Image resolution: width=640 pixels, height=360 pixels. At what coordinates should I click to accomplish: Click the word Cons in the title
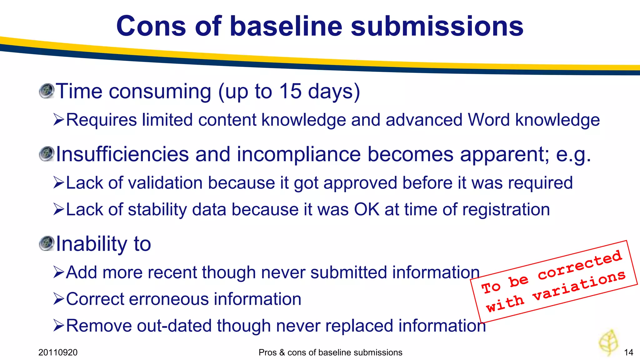click(x=152, y=26)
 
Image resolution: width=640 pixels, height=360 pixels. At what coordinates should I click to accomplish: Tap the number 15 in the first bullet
click(x=290, y=91)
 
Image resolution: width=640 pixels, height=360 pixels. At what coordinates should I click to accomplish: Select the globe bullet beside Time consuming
click(x=47, y=91)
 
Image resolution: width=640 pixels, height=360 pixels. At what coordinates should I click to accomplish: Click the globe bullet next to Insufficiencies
click(x=47, y=154)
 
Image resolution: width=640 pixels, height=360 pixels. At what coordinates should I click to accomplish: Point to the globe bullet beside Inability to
click(x=47, y=243)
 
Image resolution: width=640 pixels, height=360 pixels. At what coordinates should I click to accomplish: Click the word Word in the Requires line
click(x=488, y=120)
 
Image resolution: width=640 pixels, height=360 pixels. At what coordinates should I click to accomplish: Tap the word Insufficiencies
click(x=122, y=154)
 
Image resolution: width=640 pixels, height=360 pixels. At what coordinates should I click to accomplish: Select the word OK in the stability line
click(x=367, y=209)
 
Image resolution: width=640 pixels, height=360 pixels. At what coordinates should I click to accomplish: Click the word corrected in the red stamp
click(x=580, y=265)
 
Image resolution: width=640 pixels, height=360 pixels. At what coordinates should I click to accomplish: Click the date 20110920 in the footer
click(x=58, y=352)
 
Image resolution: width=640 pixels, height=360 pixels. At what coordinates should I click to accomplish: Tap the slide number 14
click(x=628, y=352)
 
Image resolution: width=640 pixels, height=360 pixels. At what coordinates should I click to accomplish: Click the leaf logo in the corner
click(x=608, y=342)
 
